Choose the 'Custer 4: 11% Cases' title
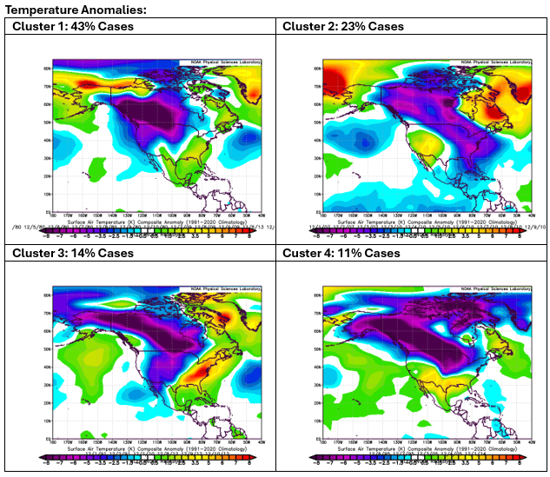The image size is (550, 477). (x=341, y=253)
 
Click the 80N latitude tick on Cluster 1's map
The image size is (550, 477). (x=46, y=67)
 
